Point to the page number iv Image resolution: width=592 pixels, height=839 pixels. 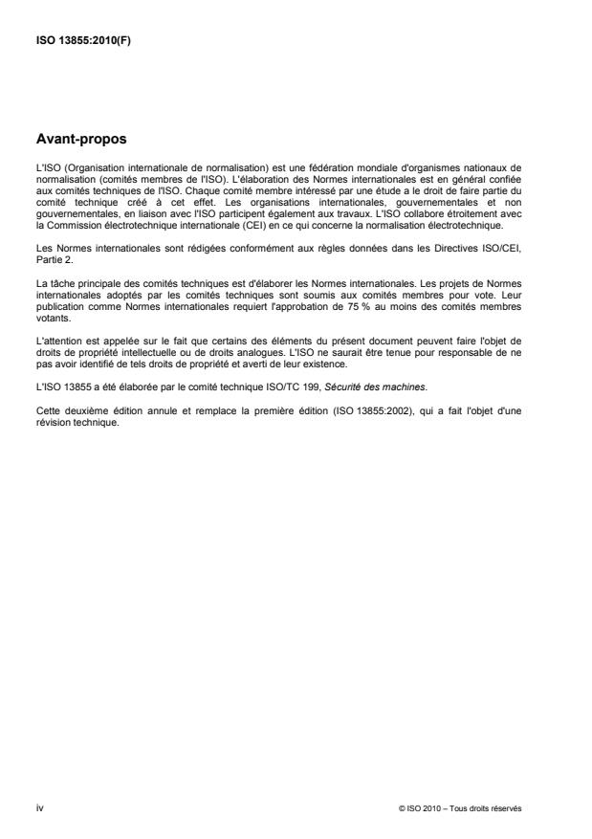click(39, 808)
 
